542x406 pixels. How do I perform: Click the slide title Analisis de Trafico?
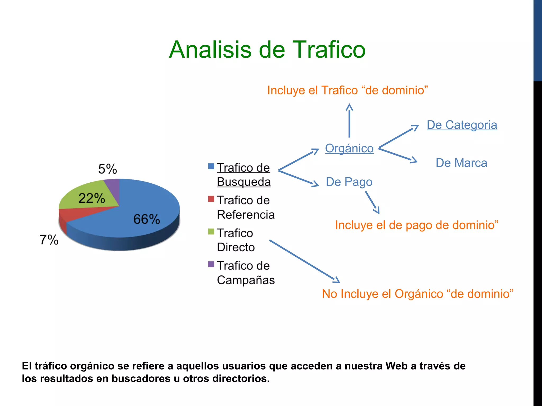tap(267, 50)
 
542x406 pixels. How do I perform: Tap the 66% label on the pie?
tap(147, 219)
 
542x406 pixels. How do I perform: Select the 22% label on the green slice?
tap(92, 198)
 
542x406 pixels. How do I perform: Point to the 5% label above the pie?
tap(107, 169)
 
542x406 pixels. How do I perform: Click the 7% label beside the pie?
tap(49, 240)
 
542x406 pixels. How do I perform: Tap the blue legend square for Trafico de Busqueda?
tap(211, 166)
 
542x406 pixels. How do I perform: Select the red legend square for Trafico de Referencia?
tap(211, 199)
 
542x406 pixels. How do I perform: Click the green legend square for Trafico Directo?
tap(211, 232)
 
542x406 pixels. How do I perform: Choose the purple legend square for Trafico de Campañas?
tap(211, 264)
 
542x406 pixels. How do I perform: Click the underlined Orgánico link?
tap(349, 148)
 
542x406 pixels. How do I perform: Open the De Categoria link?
tap(462, 125)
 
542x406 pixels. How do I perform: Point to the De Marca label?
tap(461, 163)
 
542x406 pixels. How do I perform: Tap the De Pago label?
tap(349, 182)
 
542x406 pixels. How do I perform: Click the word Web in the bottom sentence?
tap(396, 366)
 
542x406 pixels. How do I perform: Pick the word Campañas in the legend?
tap(246, 280)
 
